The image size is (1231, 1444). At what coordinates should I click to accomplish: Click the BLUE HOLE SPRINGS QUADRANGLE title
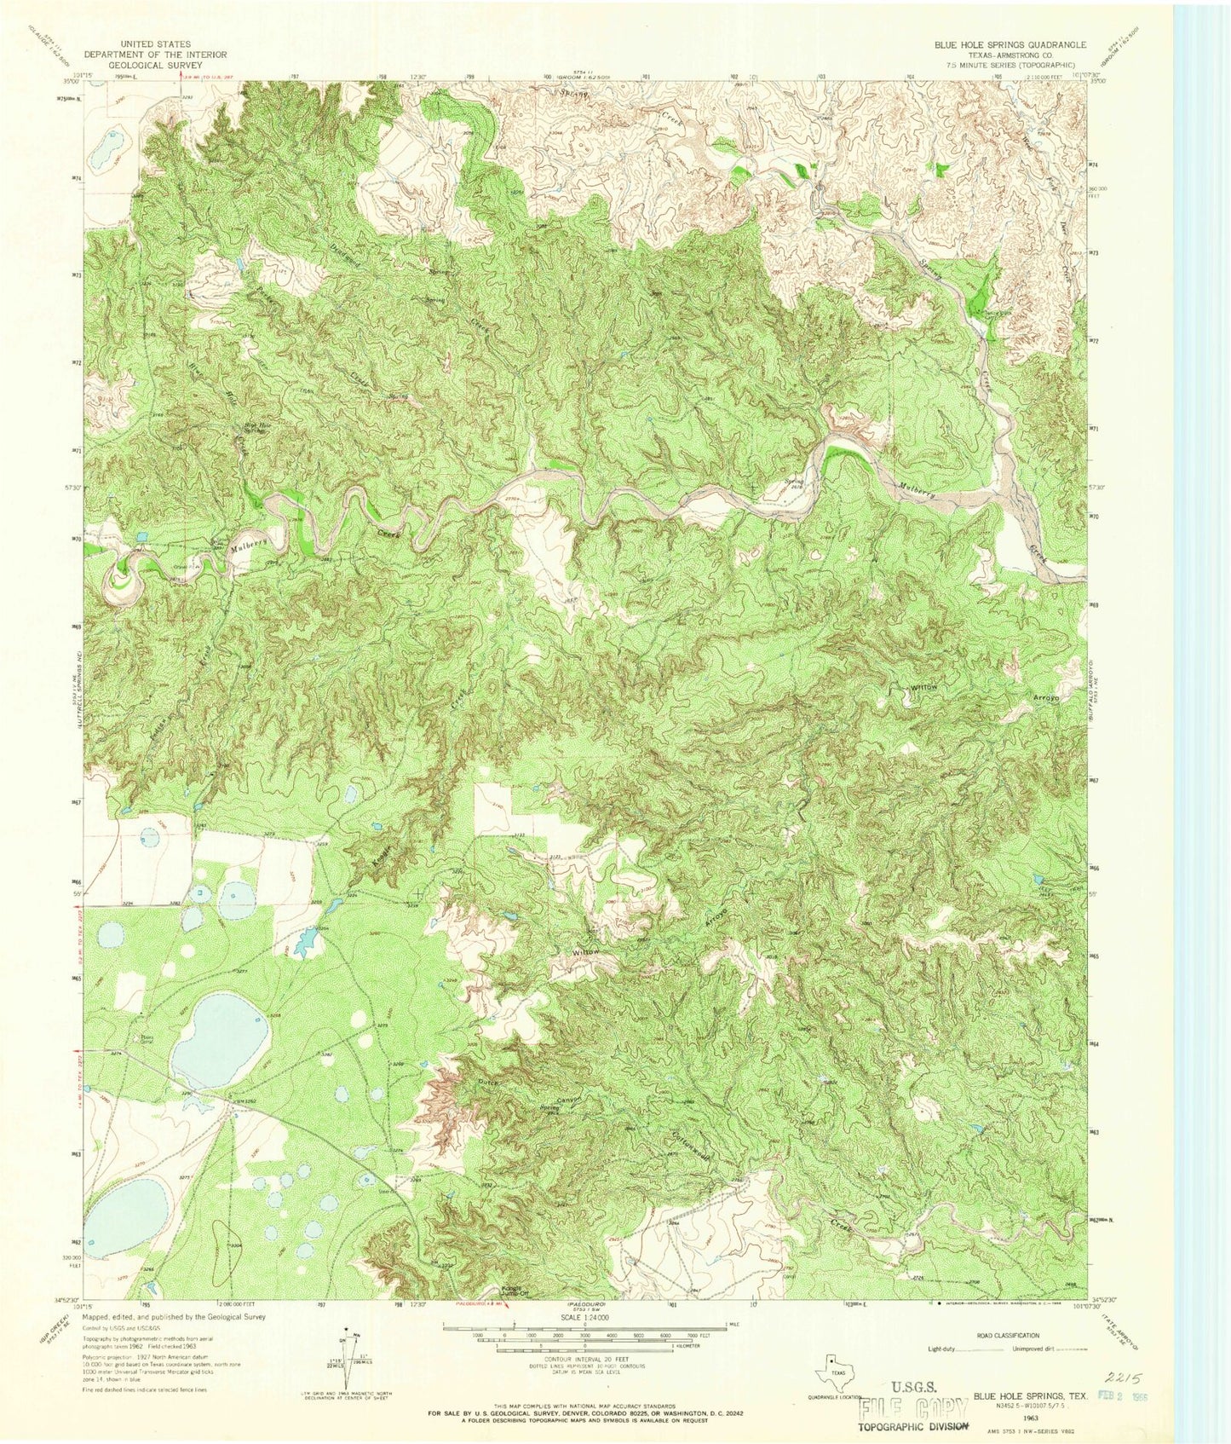point(1010,44)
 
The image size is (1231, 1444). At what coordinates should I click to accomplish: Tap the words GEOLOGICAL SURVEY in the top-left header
point(155,64)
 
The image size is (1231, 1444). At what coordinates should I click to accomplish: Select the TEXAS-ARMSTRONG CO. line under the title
point(1010,55)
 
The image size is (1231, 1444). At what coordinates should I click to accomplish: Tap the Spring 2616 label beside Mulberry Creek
point(794,483)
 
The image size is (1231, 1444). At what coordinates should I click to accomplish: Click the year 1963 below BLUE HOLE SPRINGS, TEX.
point(1030,1416)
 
